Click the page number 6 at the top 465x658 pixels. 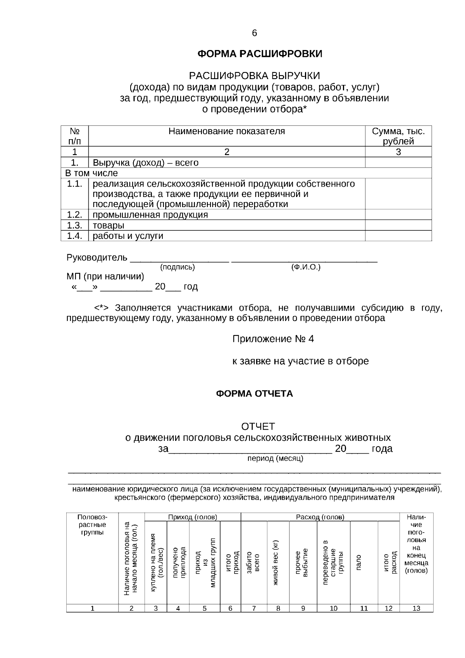pyautogui.click(x=254, y=33)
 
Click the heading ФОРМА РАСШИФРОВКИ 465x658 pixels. pyautogui.click(x=260, y=54)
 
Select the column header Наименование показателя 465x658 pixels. pyautogui.click(x=227, y=131)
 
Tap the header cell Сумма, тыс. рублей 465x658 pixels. pyautogui.click(x=398, y=136)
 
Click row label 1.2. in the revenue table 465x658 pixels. pyautogui.click(x=74, y=214)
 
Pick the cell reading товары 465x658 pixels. pyautogui.click(x=108, y=225)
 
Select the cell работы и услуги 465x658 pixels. pyautogui.click(x=128, y=236)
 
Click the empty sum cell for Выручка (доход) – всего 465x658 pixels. pyautogui.click(x=398, y=162)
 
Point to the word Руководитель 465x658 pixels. pyautogui.click(x=97, y=257)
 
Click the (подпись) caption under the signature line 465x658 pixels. pyautogui.click(x=177, y=267)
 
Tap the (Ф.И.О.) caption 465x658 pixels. pyautogui.click(x=306, y=267)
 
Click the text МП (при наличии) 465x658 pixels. pyautogui.click(x=105, y=276)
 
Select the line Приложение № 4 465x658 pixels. pyautogui.click(x=273, y=339)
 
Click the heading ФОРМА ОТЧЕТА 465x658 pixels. pyautogui.click(x=254, y=394)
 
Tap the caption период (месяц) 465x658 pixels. pyautogui.click(x=275, y=459)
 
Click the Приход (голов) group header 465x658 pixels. pyautogui.click(x=193, y=517)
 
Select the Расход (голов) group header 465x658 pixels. pyautogui.click(x=320, y=517)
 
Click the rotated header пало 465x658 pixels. pyautogui.click(x=359, y=562)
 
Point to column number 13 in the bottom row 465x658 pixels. pyautogui.click(x=416, y=608)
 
